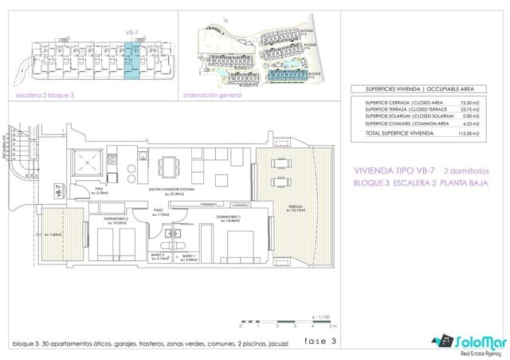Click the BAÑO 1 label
(189, 258)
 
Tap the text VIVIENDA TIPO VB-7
(395, 170)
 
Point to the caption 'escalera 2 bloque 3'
(45, 94)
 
